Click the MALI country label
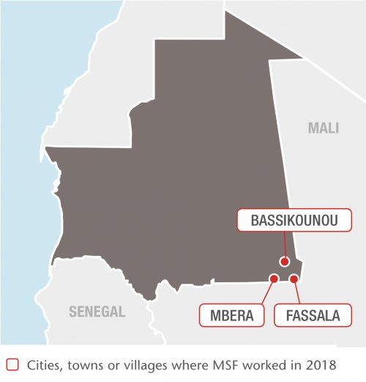[323, 128]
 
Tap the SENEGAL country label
[97, 311]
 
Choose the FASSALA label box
[307, 316]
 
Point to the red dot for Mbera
[274, 279]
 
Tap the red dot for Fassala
[294, 279]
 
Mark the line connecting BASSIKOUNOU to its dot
[284, 246]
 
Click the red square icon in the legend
[11, 364]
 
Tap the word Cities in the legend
[45, 364]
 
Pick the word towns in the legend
[89, 364]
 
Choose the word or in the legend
[117, 364]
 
